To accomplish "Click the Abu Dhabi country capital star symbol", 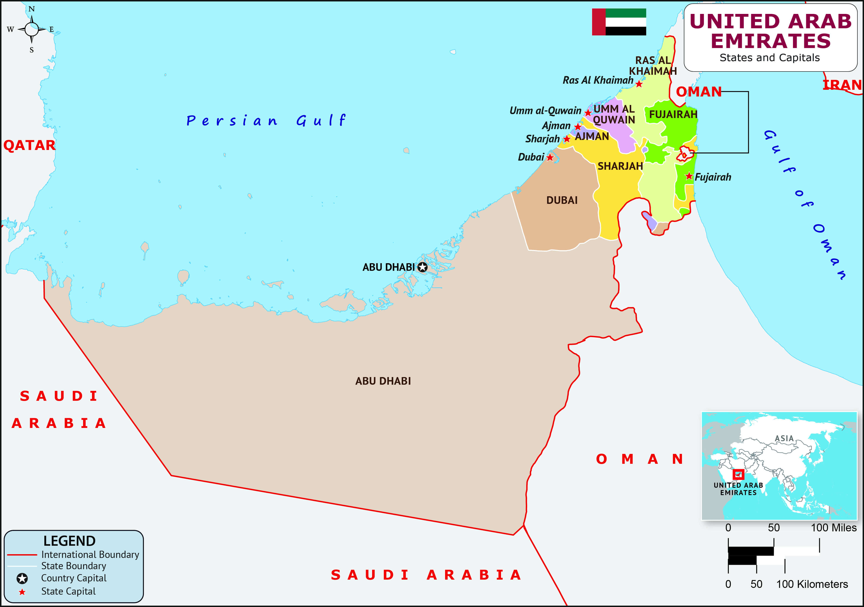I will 423,267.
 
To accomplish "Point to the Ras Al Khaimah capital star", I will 639,84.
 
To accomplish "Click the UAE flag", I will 619,22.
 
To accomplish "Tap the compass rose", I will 32,29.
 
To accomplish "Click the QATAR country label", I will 29,145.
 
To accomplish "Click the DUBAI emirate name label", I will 562,200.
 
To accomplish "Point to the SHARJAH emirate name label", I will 620,166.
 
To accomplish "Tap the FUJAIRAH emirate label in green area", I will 673,114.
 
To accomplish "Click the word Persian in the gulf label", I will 232,121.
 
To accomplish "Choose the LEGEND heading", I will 69,541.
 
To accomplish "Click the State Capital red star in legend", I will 22,592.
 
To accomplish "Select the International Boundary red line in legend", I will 22,555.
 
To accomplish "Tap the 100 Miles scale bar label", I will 834,528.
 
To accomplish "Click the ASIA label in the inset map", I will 784,438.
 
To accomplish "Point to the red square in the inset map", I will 738,474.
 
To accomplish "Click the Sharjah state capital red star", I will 567,139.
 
